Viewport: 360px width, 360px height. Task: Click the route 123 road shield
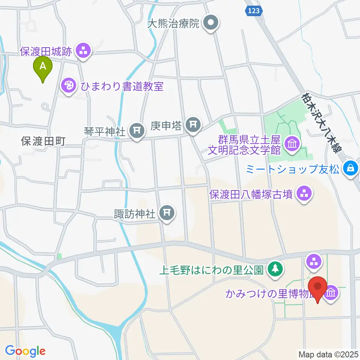[x=253, y=12]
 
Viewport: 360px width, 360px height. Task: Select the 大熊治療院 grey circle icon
[x=211, y=24]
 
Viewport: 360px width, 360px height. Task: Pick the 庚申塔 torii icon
[x=193, y=125]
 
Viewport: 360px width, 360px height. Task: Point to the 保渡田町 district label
[x=43, y=141]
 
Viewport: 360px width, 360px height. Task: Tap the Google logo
[x=25, y=351]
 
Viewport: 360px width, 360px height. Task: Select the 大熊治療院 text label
[x=173, y=24]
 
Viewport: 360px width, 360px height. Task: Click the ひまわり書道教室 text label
[x=122, y=86]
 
